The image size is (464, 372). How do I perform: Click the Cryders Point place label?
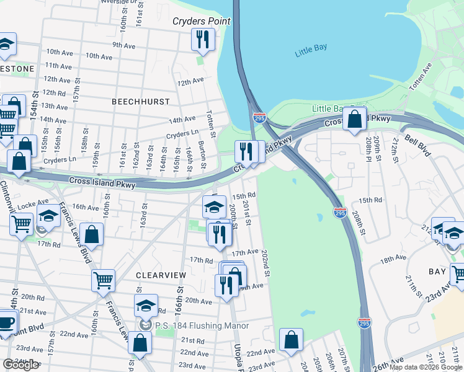coord(201,21)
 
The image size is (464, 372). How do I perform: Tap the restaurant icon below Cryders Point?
coord(202,40)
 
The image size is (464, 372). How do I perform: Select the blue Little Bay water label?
coord(311,51)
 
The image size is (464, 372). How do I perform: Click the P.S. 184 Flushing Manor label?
coord(202,325)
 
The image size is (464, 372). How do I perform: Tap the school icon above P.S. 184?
coord(146,306)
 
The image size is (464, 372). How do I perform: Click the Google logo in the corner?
coord(20,365)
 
